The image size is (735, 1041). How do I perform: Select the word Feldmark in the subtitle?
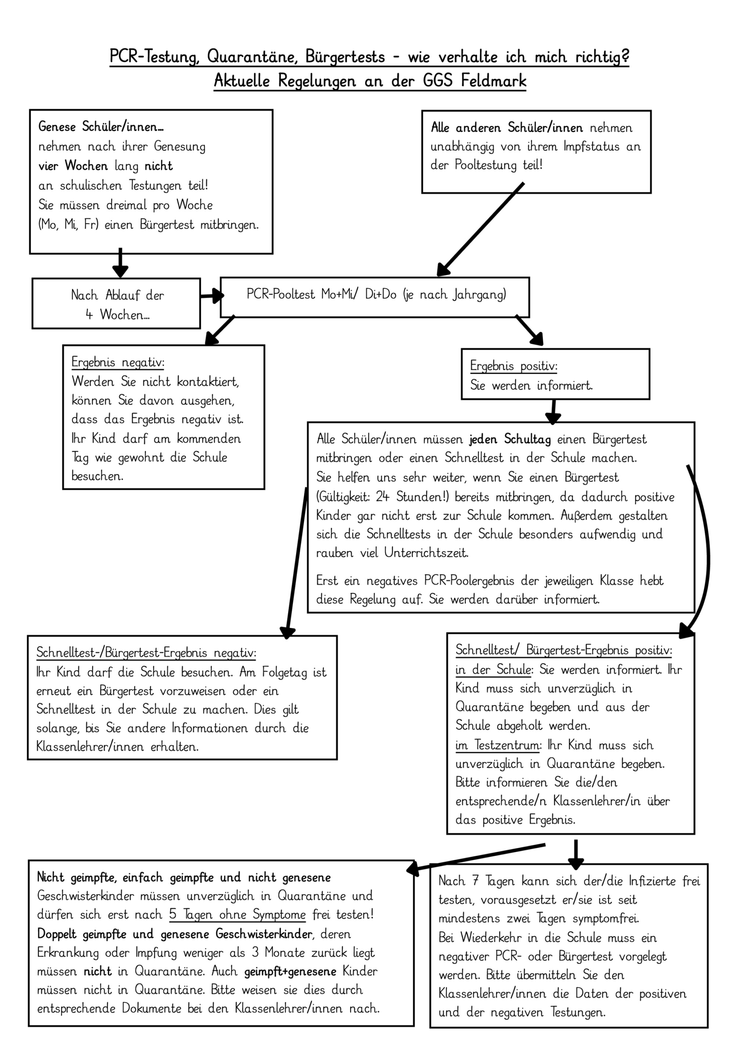pyautogui.click(x=494, y=81)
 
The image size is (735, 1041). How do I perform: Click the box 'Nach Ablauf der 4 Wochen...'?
pyautogui.click(x=116, y=304)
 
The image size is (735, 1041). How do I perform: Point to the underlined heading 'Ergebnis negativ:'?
pyautogui.click(x=118, y=362)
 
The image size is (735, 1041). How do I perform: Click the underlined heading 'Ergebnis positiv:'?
pyautogui.click(x=514, y=366)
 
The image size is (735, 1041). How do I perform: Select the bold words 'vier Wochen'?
pyautogui.click(x=73, y=166)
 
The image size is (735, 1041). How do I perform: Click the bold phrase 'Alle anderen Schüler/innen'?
pyautogui.click(x=507, y=128)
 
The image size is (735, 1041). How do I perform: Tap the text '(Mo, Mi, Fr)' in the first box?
pyautogui.click(x=68, y=224)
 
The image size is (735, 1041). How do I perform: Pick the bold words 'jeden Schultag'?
pyautogui.click(x=510, y=439)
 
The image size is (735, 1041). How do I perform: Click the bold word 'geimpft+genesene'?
pyautogui.click(x=290, y=971)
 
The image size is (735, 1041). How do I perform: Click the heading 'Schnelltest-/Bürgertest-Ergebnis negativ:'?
pyautogui.click(x=146, y=653)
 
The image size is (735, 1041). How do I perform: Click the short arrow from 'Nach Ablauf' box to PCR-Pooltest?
pyautogui.click(x=211, y=296)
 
